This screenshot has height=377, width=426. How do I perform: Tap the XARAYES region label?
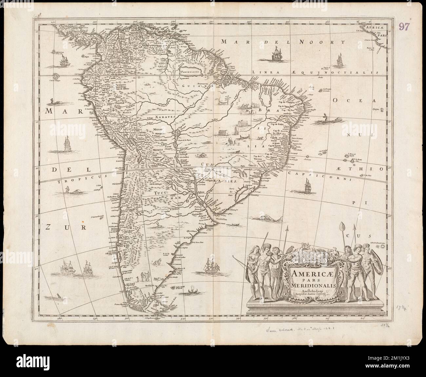click(x=165, y=116)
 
